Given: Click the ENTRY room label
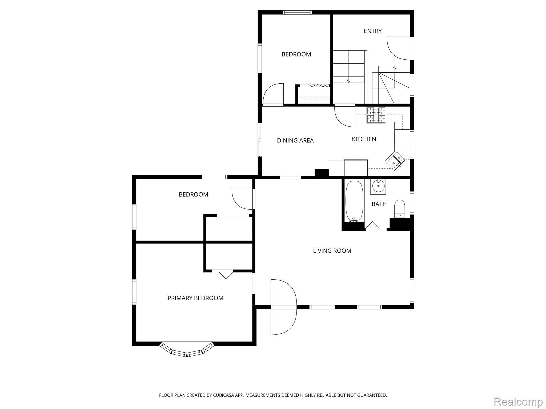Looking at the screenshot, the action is (373, 31).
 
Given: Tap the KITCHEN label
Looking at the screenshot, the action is (364, 139).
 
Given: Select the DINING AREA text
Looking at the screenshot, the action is (295, 141).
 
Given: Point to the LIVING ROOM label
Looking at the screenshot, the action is (332, 251).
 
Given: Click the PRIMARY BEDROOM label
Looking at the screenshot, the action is (195, 298).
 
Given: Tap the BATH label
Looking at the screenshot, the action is (379, 204).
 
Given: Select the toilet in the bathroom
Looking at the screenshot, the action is (400, 208).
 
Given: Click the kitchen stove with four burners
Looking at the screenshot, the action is (376, 115).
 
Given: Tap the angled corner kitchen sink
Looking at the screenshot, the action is (396, 161).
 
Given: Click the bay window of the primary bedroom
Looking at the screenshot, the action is (187, 350).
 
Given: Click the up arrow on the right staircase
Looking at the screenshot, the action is (394, 77).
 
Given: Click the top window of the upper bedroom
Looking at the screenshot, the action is (297, 12).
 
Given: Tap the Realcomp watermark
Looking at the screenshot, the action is (518, 402).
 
